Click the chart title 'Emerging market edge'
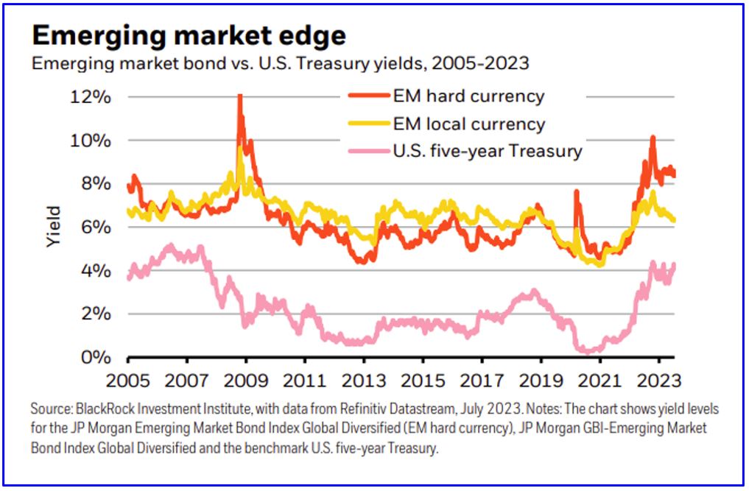(189, 35)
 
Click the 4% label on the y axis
(95, 271)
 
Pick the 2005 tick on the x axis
(128, 382)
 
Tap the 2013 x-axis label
(364, 382)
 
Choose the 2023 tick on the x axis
(658, 382)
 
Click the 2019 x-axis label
(541, 382)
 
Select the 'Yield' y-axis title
(53, 227)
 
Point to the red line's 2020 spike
(576, 191)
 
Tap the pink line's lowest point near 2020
(587, 351)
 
